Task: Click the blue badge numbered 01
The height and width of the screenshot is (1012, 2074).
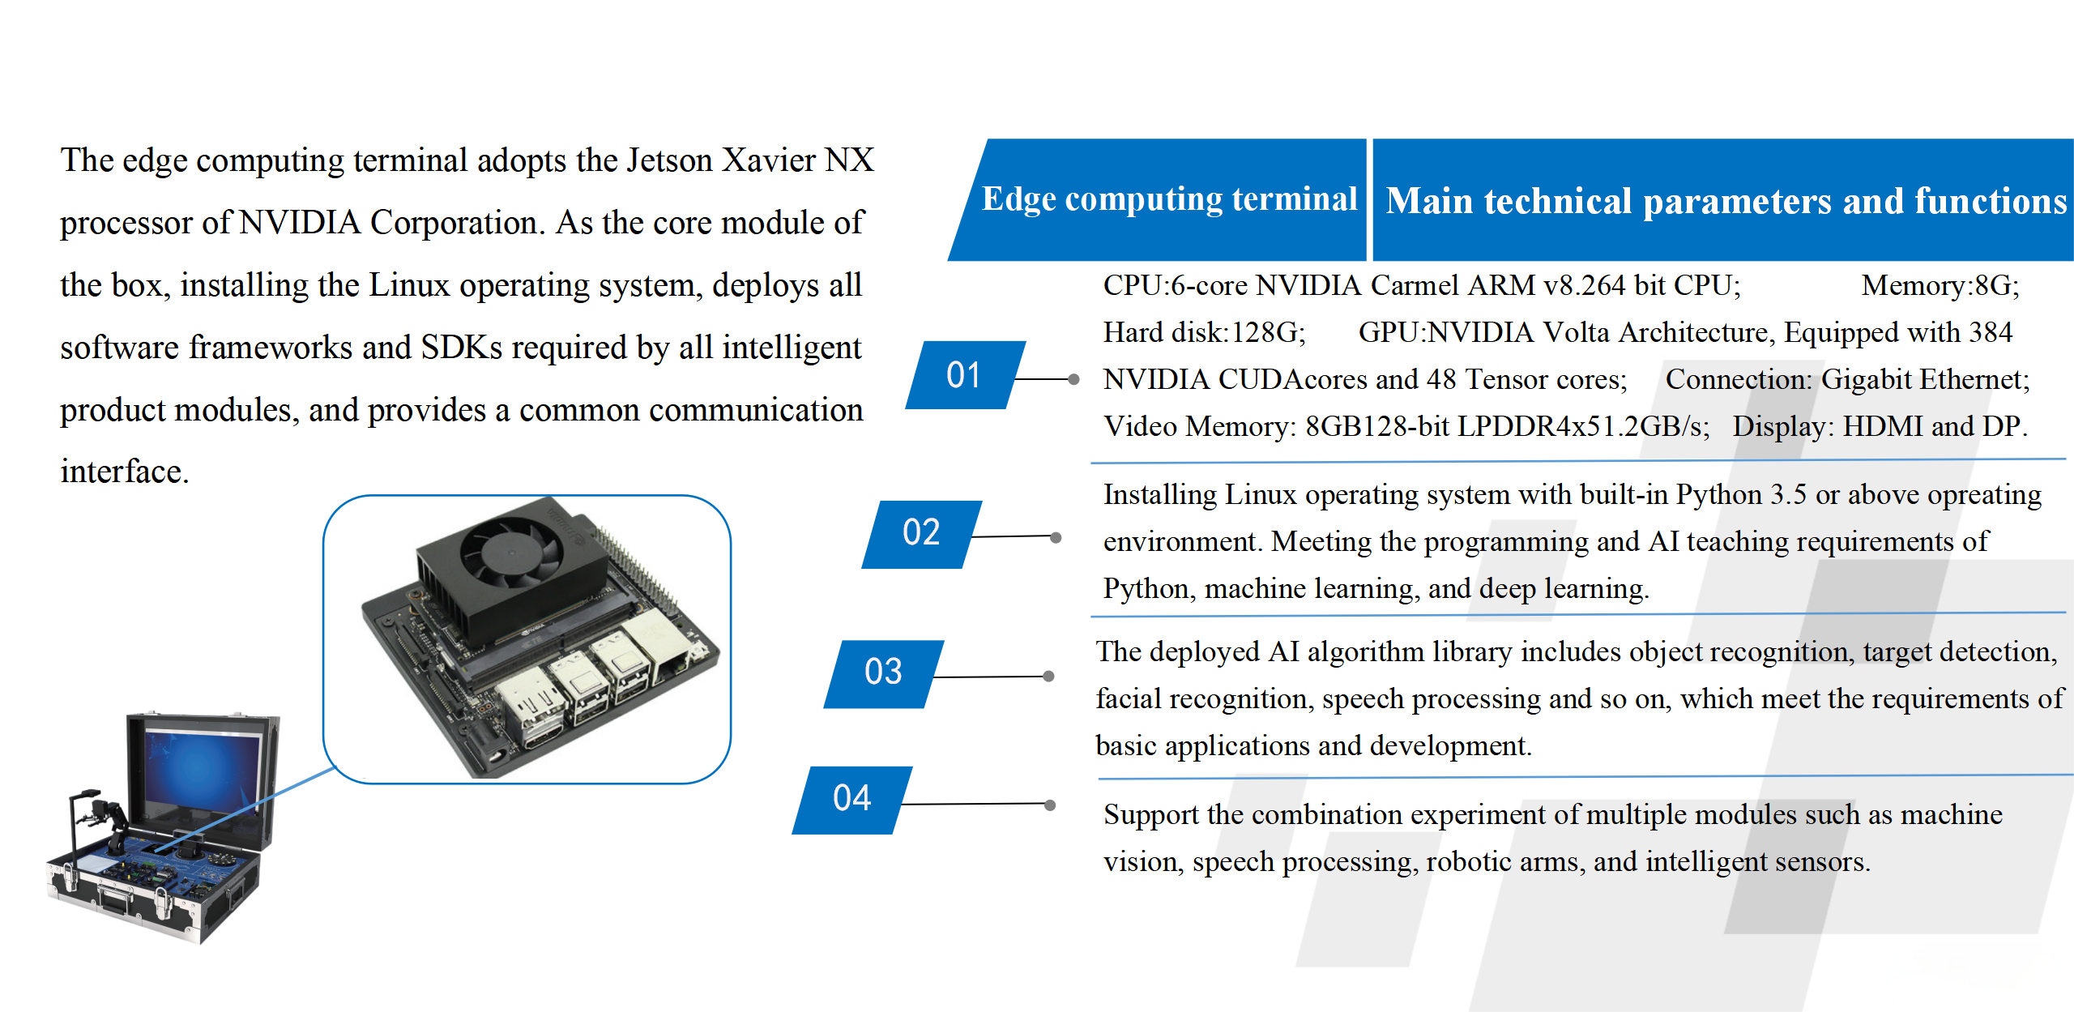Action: coord(965,375)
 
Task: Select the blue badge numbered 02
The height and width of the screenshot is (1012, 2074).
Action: coord(922,534)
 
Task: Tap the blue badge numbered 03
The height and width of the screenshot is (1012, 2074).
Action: coord(884,673)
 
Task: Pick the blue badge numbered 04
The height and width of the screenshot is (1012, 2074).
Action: coord(852,800)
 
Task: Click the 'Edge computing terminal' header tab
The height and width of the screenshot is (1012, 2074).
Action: coord(1159,200)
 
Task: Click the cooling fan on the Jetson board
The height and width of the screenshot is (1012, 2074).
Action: coord(511,550)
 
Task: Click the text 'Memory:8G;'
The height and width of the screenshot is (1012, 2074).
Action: coord(1940,285)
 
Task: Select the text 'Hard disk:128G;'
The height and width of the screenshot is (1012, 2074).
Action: coord(1205,332)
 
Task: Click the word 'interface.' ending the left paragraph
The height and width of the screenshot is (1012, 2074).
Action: coord(125,472)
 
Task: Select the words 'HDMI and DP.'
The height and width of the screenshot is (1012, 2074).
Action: coord(1935,426)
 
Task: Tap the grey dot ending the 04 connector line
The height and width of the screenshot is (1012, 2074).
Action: coord(1050,805)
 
